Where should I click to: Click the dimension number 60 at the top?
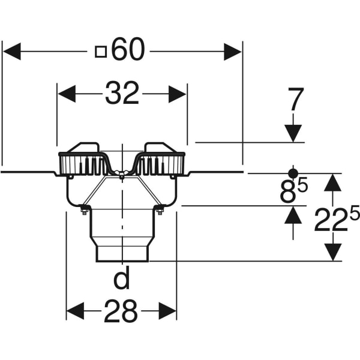click(x=128, y=51)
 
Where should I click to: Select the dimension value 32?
click(x=122, y=94)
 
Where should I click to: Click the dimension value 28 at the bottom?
click(x=121, y=311)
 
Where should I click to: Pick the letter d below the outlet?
click(x=122, y=279)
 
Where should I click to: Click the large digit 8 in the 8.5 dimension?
click(x=289, y=193)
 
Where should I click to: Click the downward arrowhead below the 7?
click(x=293, y=133)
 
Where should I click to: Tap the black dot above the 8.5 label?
click(x=293, y=170)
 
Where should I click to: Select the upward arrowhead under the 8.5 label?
click(x=293, y=215)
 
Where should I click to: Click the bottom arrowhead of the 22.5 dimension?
click(x=333, y=252)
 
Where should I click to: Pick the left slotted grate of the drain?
click(x=83, y=163)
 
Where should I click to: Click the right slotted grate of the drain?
click(x=160, y=163)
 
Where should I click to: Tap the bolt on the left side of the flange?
click(x=84, y=209)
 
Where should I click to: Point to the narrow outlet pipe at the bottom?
click(x=122, y=251)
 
